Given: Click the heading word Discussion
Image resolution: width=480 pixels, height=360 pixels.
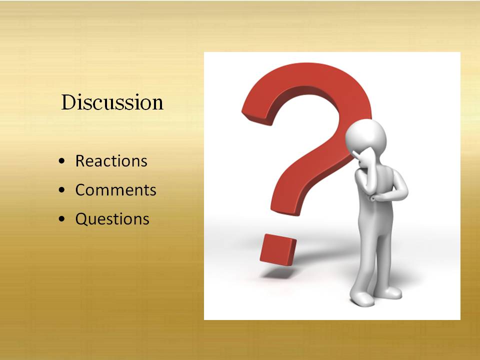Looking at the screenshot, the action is tap(112, 102).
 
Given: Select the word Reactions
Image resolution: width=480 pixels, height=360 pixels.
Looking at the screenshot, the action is tap(111, 160).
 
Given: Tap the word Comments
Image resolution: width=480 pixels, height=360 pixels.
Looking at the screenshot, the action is tap(115, 190).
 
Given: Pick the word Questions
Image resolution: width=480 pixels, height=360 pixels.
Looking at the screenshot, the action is tap(112, 219).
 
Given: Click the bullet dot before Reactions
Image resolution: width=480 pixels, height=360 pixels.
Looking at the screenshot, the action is tap(62, 160).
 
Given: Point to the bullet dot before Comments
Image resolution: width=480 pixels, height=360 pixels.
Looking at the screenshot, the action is tap(62, 190).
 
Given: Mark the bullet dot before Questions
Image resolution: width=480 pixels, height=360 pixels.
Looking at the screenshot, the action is tap(62, 219).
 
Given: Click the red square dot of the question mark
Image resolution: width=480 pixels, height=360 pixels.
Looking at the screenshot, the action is tap(278, 248).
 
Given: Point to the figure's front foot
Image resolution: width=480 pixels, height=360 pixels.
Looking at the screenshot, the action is tap(363, 299).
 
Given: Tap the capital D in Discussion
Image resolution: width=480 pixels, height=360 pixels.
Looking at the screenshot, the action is tap(69, 102).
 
